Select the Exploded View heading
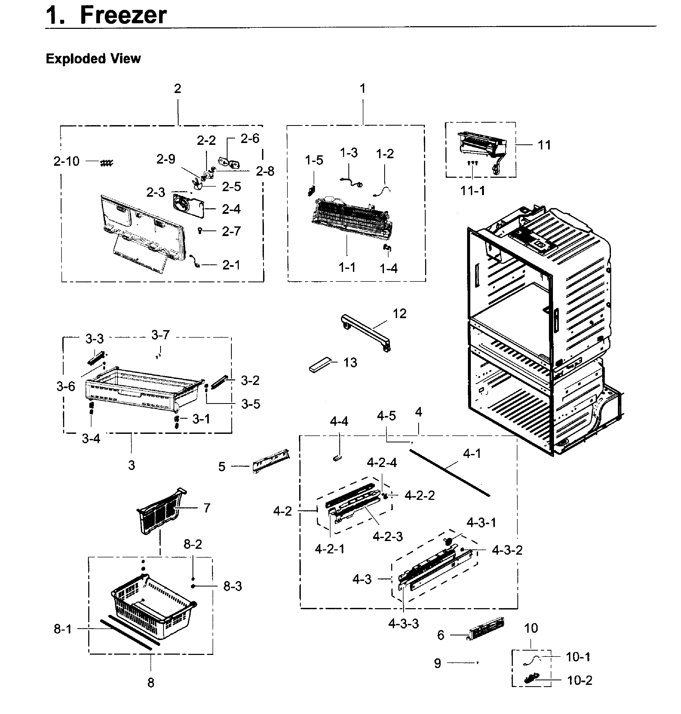click(x=93, y=59)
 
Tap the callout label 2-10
click(x=66, y=161)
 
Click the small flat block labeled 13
click(x=320, y=364)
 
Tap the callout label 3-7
click(x=160, y=335)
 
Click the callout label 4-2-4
click(x=382, y=463)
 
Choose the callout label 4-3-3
click(x=403, y=624)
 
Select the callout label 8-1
click(x=63, y=629)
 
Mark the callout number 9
click(x=437, y=663)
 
